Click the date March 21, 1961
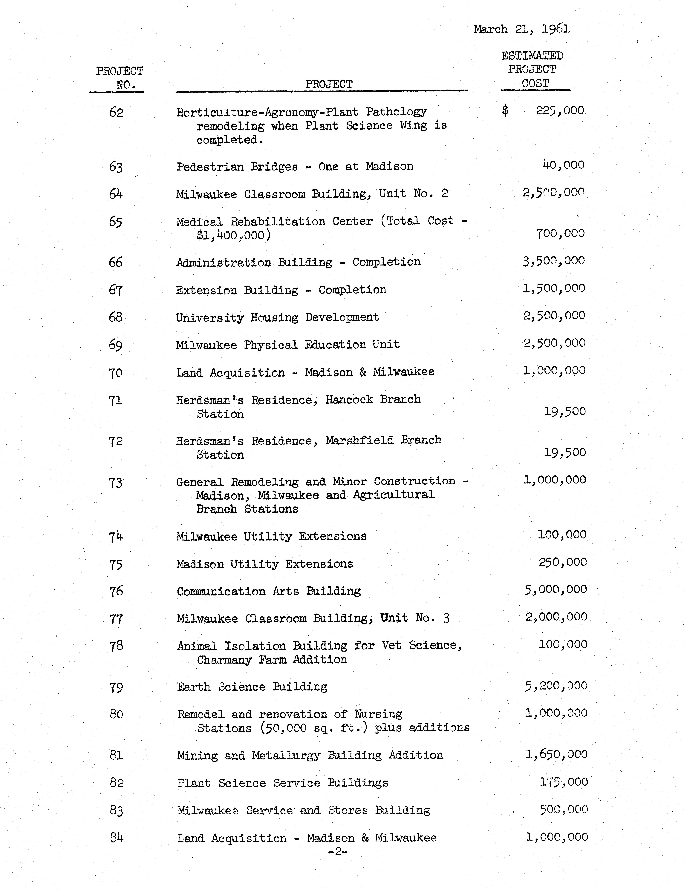(x=522, y=29)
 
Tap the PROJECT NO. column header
(x=120, y=78)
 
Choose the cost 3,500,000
(x=554, y=260)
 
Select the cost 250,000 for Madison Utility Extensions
(x=563, y=562)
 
